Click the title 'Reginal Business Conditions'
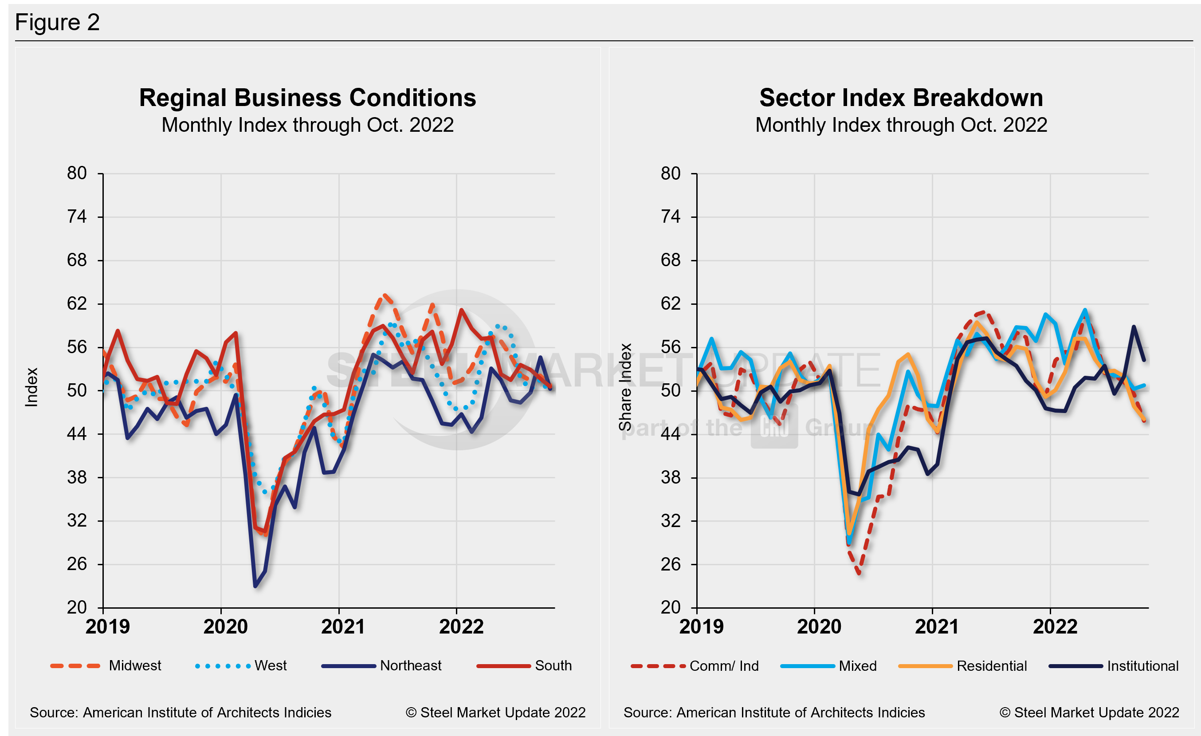307,98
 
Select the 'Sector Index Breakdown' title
901,98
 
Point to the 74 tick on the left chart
77,217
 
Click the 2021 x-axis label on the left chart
343,627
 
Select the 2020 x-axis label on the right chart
819,627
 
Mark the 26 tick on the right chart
671,564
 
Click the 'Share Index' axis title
625,387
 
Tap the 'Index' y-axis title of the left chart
31,387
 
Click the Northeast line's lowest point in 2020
255,586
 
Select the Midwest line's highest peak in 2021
385,295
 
